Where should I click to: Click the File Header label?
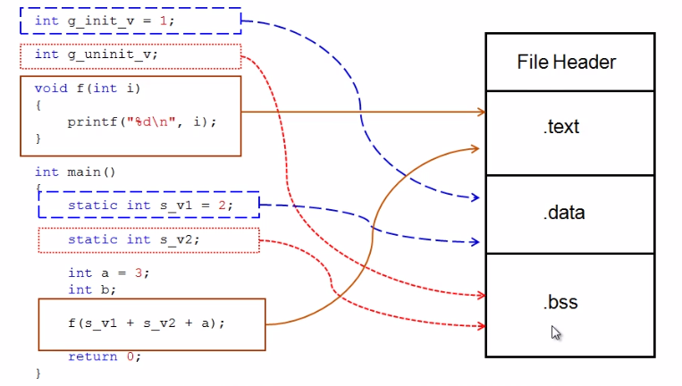point(566,62)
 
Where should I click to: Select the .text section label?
point(561,127)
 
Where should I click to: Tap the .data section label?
point(562,213)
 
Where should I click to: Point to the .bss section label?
point(560,302)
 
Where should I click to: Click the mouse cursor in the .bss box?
point(556,333)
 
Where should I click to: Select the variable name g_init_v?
point(97,20)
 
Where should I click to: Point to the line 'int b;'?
point(92,289)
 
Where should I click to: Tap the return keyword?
point(92,357)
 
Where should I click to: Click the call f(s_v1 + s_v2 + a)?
point(146,323)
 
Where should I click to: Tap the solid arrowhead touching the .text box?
point(480,112)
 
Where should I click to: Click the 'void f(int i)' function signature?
point(88,88)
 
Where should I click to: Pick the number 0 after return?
point(130,357)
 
